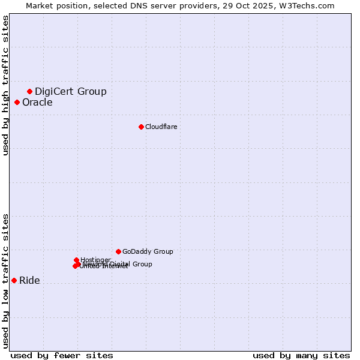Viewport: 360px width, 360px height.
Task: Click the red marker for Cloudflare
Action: click(x=141, y=127)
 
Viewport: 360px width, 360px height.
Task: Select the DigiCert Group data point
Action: click(x=29, y=91)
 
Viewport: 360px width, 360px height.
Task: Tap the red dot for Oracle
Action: click(x=17, y=102)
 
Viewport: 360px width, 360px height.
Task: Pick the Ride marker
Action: click(x=14, y=280)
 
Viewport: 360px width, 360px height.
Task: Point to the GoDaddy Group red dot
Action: click(x=118, y=251)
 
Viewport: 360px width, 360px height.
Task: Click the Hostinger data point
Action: click(x=76, y=260)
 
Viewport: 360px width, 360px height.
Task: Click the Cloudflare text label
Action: click(x=161, y=127)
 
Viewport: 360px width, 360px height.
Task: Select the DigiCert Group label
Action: click(x=70, y=91)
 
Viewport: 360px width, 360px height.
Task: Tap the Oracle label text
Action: click(x=37, y=102)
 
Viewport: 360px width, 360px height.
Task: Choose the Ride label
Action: click(x=29, y=280)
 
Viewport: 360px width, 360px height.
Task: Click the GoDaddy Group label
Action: click(x=147, y=251)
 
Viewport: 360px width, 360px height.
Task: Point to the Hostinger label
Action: click(x=95, y=260)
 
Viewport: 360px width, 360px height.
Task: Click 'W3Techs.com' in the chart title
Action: click(x=309, y=5)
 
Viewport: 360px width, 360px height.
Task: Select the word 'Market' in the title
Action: click(x=40, y=5)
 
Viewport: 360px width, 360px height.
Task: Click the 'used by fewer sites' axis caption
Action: click(x=62, y=355)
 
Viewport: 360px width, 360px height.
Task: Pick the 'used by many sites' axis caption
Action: click(x=301, y=355)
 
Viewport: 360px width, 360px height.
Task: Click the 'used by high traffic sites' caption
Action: click(x=5, y=85)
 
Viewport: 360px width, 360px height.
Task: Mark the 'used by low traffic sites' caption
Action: click(x=5, y=280)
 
